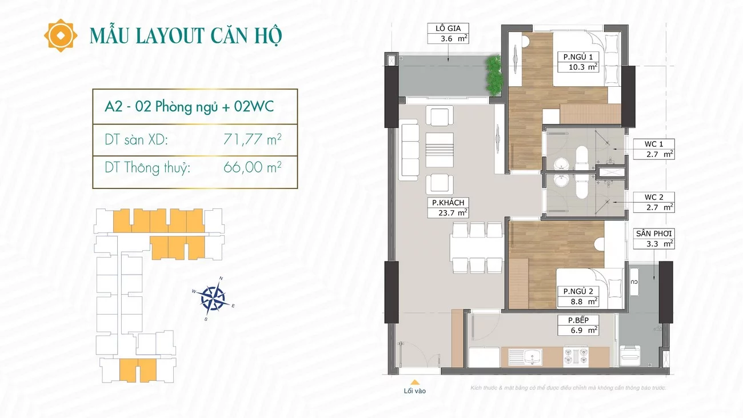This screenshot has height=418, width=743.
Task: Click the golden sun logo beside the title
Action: pyautogui.click(x=61, y=35)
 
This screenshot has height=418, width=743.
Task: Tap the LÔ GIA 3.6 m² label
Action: pyautogui.click(x=448, y=34)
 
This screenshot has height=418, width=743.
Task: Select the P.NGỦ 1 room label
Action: pyautogui.click(x=578, y=62)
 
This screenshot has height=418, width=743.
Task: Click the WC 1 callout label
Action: pyautogui.click(x=654, y=149)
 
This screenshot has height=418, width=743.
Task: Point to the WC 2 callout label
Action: pyautogui.click(x=654, y=202)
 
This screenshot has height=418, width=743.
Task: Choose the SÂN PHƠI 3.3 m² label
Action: pyautogui.click(x=654, y=239)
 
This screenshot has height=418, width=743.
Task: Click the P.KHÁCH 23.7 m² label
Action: pyautogui.click(x=448, y=207)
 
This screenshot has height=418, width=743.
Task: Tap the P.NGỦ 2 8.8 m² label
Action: pyautogui.click(x=578, y=296)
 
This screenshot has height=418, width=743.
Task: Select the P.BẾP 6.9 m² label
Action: pyautogui.click(x=578, y=325)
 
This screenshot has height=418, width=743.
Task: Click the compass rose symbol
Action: pyautogui.click(x=213, y=299)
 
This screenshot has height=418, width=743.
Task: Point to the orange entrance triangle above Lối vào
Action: pyautogui.click(x=414, y=382)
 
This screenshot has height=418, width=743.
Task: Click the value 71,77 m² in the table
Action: pyautogui.click(x=253, y=139)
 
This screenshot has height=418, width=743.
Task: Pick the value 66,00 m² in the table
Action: pyautogui.click(x=253, y=167)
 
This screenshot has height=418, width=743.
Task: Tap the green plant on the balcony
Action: pyautogui.click(x=494, y=75)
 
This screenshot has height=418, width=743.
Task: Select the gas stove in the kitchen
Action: pyautogui.click(x=576, y=356)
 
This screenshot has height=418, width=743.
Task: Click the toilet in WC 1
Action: pyautogui.click(x=581, y=158)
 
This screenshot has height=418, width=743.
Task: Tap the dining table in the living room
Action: pyautogui.click(x=477, y=248)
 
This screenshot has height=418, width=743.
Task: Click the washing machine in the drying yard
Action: pyautogui.click(x=630, y=355)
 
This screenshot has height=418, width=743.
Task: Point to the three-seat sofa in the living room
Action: pyautogui.click(x=409, y=150)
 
